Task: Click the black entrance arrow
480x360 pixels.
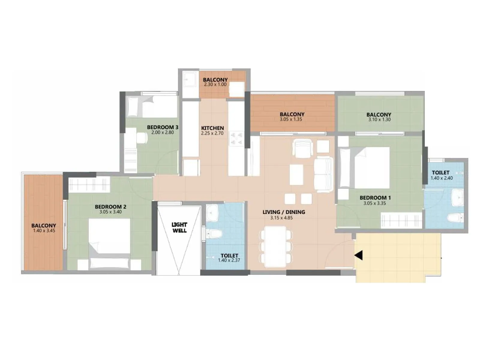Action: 359,255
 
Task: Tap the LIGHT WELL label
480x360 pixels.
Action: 179,227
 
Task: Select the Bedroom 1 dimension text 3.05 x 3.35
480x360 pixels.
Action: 374,203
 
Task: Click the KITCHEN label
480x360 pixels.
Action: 212,128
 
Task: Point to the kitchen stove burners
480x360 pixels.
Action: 236,139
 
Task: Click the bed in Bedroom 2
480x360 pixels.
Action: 109,243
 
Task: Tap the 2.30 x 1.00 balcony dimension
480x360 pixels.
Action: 215,85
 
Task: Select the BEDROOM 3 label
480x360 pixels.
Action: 163,127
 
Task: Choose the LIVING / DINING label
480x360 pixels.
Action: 283,212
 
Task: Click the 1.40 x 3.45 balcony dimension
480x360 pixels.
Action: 44,231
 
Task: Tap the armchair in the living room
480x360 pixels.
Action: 303,148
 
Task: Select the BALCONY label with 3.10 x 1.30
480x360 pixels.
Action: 379,115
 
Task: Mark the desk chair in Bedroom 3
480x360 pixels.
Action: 142,138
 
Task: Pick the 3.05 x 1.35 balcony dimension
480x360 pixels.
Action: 291,119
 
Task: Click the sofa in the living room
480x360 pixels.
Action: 323,174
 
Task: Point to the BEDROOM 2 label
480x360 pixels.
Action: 110,207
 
